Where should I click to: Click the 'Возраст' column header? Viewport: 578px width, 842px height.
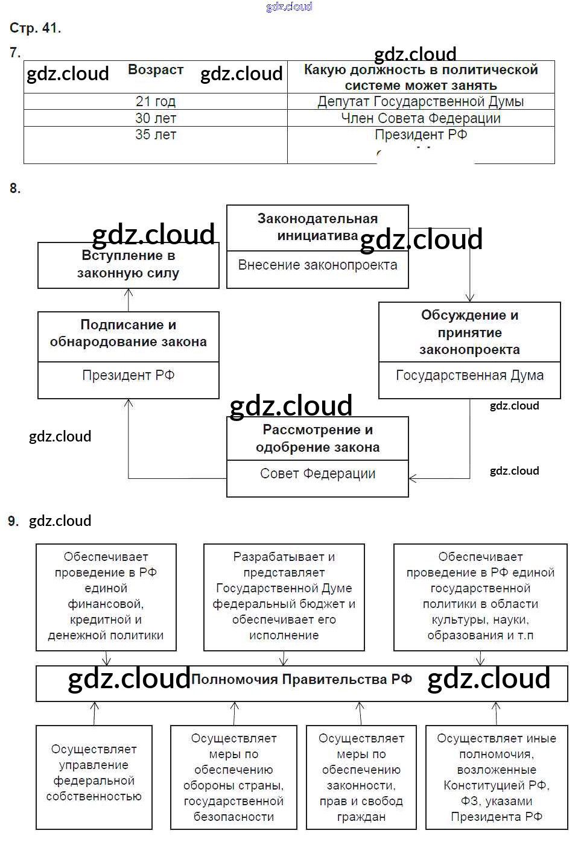tap(155, 70)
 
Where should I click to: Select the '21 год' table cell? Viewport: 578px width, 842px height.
tap(155, 101)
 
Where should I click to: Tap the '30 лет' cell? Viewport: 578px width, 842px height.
tap(155, 118)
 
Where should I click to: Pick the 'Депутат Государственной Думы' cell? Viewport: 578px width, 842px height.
tap(421, 101)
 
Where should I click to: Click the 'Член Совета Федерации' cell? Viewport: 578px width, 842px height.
tap(421, 118)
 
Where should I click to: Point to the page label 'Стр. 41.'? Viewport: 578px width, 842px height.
tap(35, 28)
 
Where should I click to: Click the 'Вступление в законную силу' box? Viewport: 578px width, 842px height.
tap(128, 265)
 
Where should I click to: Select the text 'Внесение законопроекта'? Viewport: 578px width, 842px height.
tap(317, 265)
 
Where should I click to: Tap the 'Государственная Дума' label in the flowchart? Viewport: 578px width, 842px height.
tap(469, 376)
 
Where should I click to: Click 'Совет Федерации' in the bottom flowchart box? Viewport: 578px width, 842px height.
tap(317, 474)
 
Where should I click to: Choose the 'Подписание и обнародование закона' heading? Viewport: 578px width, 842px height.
tap(128, 334)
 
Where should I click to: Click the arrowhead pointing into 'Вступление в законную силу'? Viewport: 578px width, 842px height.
tap(129, 293)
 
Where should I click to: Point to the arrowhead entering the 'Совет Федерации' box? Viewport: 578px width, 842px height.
tap(413, 479)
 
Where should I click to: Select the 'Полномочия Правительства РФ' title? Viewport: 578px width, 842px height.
tap(301, 680)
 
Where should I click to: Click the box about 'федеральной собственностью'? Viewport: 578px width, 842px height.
tap(94, 773)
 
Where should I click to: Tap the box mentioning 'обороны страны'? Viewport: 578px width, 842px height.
tap(233, 777)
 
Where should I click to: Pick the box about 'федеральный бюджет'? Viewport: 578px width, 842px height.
tap(284, 596)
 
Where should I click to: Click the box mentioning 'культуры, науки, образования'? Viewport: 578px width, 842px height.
tap(480, 596)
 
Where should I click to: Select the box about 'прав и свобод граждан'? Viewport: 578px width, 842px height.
tap(361, 777)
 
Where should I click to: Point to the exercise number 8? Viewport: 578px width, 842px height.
tap(15, 189)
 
